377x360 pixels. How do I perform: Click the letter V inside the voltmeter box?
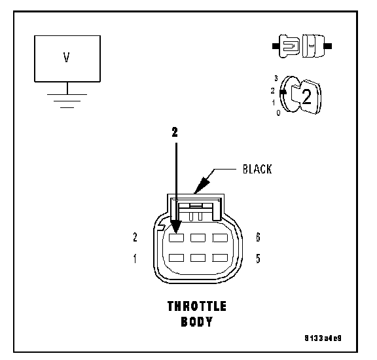pyautogui.click(x=67, y=58)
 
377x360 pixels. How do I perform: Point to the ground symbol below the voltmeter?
pyautogui.click(x=67, y=101)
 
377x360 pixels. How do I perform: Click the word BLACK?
pyautogui.click(x=257, y=169)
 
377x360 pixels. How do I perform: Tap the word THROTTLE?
pyautogui.click(x=197, y=306)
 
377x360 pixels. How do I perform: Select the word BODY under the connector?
pyautogui.click(x=197, y=321)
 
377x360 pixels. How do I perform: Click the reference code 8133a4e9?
pyautogui.click(x=323, y=338)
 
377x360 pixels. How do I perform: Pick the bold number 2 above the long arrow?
pyautogui.click(x=175, y=132)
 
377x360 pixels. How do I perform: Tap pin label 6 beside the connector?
pyautogui.click(x=258, y=237)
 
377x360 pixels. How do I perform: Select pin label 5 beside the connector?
pyautogui.click(x=258, y=259)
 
